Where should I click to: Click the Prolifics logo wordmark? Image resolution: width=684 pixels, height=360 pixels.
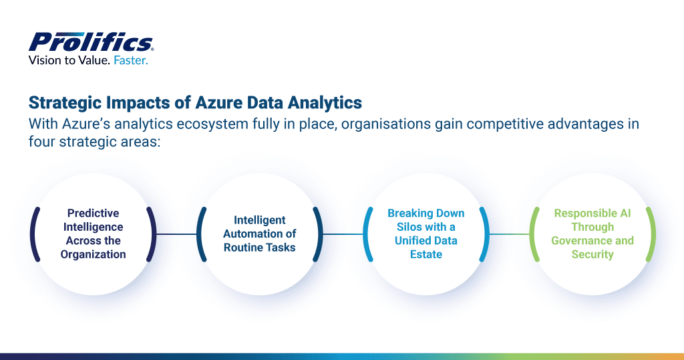(x=91, y=42)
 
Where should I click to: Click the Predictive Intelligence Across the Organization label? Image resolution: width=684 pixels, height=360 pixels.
(x=93, y=234)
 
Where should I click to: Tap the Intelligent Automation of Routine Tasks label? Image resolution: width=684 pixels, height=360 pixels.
(x=259, y=234)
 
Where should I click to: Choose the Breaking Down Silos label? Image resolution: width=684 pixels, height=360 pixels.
(x=426, y=234)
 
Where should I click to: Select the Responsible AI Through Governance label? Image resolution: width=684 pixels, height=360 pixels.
(x=592, y=234)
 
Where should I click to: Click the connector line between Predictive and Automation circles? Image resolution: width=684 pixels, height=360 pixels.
(x=176, y=234)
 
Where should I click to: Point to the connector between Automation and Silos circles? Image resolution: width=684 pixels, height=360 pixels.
(x=343, y=234)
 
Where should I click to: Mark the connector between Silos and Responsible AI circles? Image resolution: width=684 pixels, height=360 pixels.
(x=510, y=234)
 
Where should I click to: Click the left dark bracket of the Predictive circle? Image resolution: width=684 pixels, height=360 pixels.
(x=33, y=234)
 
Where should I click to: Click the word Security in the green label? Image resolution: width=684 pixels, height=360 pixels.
(x=592, y=254)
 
